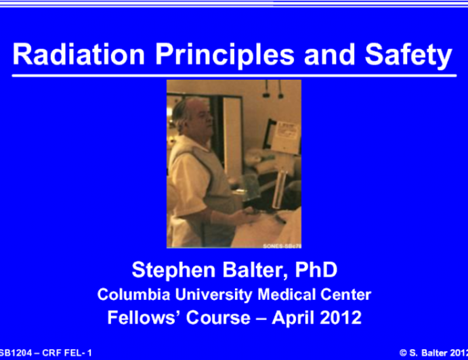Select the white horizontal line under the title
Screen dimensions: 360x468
pyautogui.click(x=234, y=74)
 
